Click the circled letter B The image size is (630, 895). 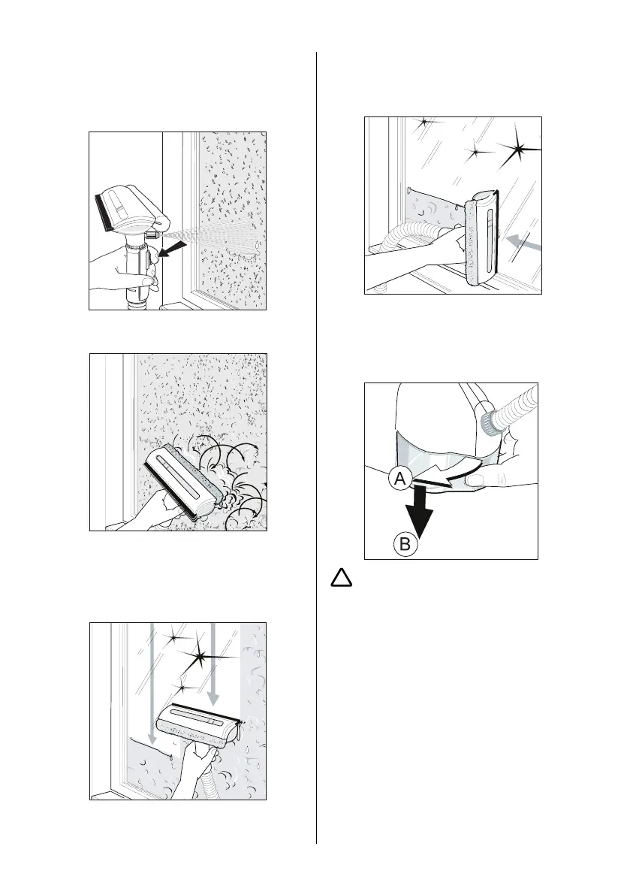click(405, 543)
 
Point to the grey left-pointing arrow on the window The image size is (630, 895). click(523, 242)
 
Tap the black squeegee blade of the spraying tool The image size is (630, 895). click(103, 212)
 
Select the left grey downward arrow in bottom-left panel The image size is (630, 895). click(152, 684)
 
